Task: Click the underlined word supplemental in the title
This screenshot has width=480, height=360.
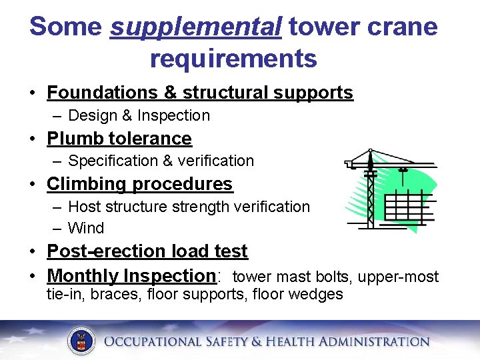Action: pyautogui.click(x=195, y=28)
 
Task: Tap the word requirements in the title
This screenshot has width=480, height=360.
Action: pyautogui.click(x=233, y=59)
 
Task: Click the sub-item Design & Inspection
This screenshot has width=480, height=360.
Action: pyautogui.click(x=139, y=115)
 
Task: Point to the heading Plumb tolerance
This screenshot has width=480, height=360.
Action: pyautogui.click(x=119, y=139)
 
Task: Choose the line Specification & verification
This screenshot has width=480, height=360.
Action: pyautogui.click(x=161, y=161)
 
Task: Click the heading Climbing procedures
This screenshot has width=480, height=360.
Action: pyautogui.click(x=139, y=184)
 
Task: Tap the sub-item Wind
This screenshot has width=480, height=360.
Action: pyautogui.click(x=86, y=228)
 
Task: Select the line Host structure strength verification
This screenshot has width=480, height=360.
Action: pyautogui.click(x=189, y=207)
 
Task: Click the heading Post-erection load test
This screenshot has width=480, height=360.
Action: pyautogui.click(x=147, y=251)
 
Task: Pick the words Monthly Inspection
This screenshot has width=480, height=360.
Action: pyautogui.click(x=130, y=276)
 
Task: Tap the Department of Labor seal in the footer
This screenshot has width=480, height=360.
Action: pyautogui.click(x=81, y=341)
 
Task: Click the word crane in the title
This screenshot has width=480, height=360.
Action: pyautogui.click(x=404, y=28)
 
